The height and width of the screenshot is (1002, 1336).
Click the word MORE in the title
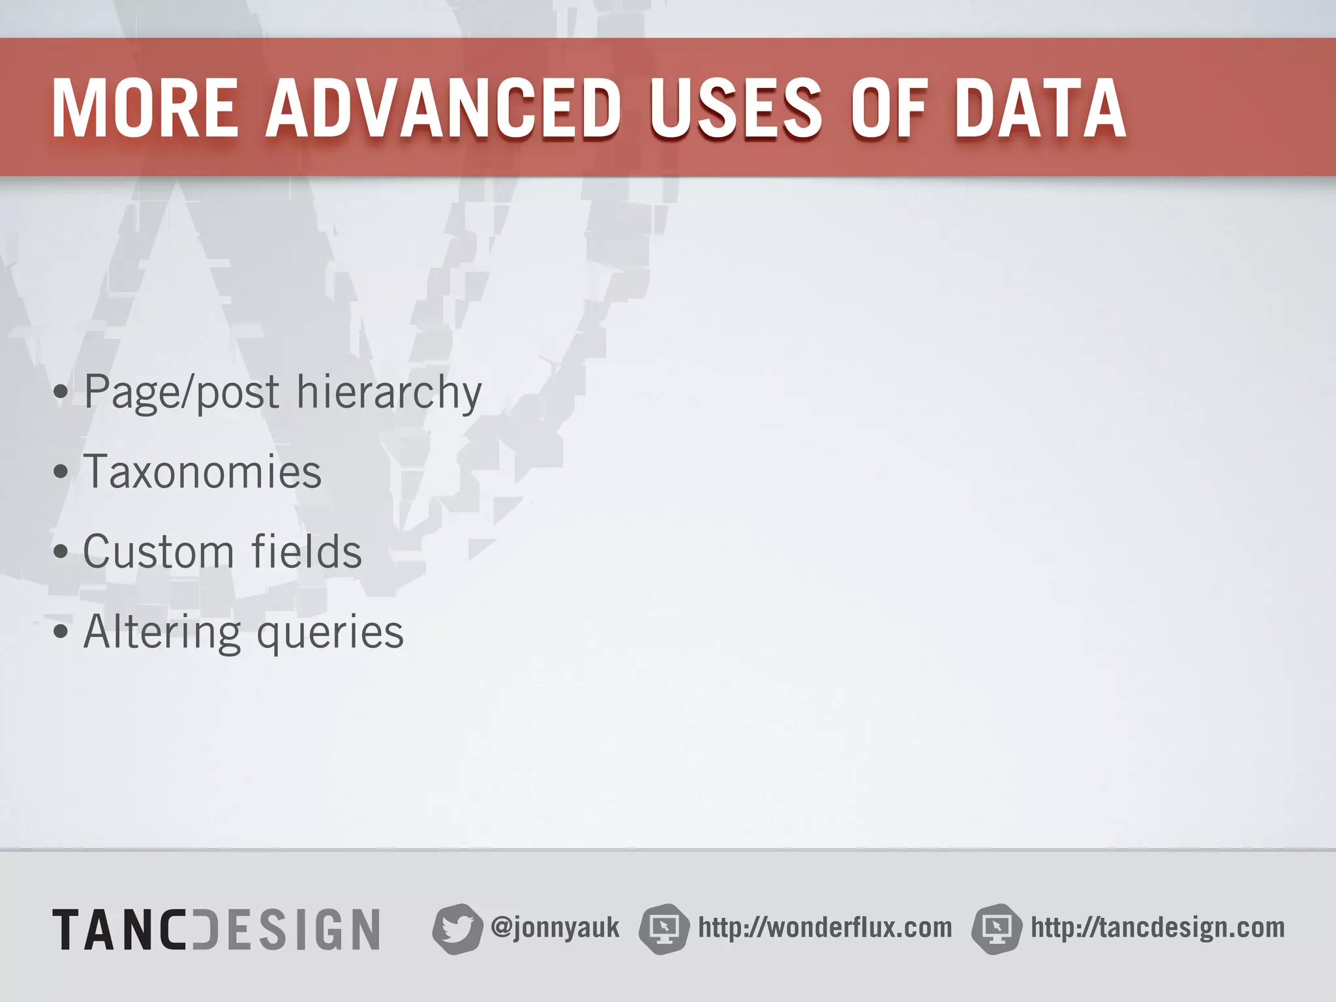tap(145, 109)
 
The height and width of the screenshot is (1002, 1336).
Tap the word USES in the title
tap(735, 109)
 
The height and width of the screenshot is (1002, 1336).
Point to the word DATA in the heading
tap(1040, 109)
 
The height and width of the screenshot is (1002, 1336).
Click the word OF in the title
tap(889, 109)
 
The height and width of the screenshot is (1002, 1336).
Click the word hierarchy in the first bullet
tap(389, 393)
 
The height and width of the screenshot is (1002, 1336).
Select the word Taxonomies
tap(202, 472)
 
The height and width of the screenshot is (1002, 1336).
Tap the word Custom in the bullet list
tap(159, 552)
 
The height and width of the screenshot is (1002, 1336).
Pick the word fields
tap(307, 552)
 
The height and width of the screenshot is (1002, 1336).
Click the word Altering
tap(162, 632)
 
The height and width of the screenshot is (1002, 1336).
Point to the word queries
tap(330, 633)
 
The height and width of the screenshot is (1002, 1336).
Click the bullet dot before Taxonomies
tap(61, 472)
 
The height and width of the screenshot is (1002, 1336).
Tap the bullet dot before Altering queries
tap(61, 632)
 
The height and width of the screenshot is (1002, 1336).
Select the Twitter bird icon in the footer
tap(457, 929)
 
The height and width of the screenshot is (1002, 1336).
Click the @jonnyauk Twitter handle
tap(554, 928)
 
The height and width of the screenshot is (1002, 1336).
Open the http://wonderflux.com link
tap(825, 928)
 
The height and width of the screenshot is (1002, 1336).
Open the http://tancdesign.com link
tap(1157, 928)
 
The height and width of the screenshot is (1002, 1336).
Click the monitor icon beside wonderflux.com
tap(663, 929)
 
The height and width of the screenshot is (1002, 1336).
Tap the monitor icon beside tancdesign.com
tap(996, 929)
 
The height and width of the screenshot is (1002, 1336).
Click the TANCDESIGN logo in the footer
tap(216, 929)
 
